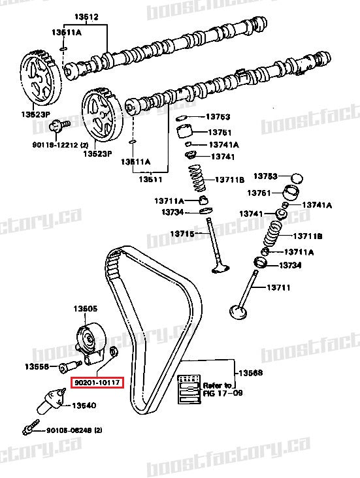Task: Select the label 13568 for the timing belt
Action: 250,373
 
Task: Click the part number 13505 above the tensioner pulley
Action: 85,308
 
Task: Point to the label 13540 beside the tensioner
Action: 84,406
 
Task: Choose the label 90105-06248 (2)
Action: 74,430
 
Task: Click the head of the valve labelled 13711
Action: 236,308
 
